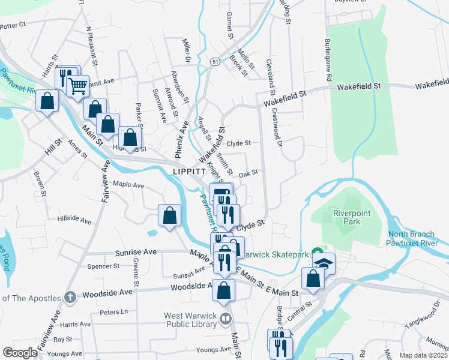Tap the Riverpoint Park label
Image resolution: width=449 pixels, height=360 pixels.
point(349,217)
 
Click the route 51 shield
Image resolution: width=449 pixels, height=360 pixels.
point(214,61)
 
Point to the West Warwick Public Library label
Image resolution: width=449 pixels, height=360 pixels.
point(190,320)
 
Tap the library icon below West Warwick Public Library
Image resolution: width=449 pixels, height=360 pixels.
point(226,319)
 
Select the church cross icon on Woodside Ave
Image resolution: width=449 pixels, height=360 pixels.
point(70,297)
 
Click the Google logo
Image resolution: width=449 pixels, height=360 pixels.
point(20,353)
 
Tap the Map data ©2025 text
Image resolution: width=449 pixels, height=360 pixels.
point(423,355)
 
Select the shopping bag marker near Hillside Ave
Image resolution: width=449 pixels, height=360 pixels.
point(170,215)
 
